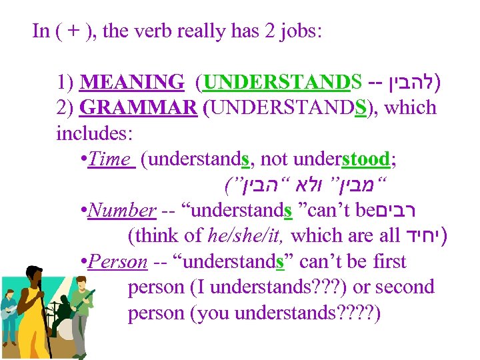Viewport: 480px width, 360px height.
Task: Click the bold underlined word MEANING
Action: (131, 83)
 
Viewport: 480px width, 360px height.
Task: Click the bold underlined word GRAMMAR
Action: (137, 107)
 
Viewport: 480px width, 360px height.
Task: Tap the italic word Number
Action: (121, 210)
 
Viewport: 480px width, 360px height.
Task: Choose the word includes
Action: (95, 133)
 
